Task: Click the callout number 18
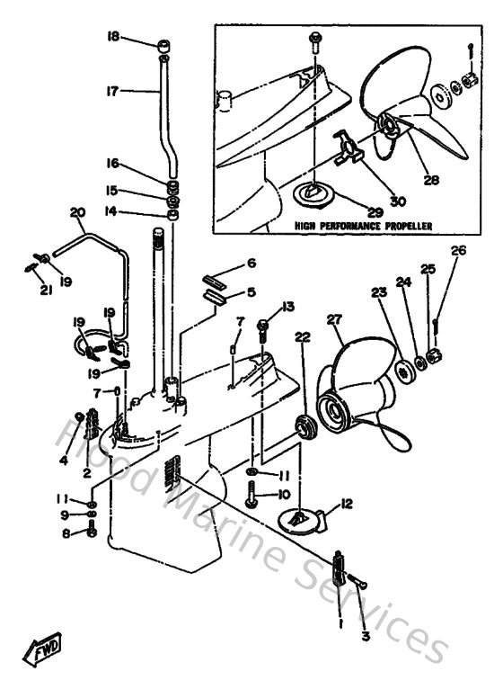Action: (112, 37)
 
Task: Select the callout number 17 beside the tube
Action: (112, 90)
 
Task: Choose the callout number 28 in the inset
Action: (431, 180)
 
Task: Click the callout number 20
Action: (76, 212)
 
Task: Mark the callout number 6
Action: (251, 263)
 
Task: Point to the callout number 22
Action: (302, 336)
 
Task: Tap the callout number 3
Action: (366, 636)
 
